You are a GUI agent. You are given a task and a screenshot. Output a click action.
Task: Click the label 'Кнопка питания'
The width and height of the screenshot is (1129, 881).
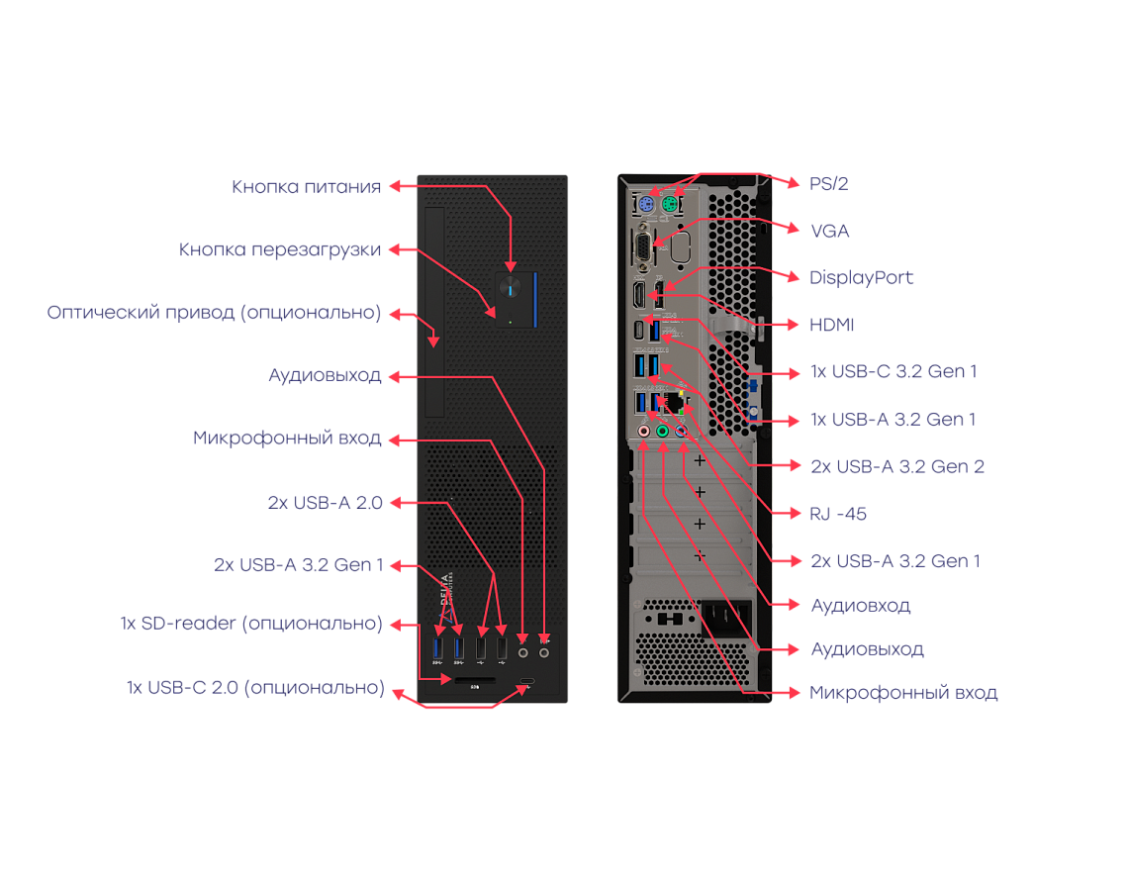coord(306,187)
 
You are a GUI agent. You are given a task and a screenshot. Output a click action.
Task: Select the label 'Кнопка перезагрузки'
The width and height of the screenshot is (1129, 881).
coord(280,250)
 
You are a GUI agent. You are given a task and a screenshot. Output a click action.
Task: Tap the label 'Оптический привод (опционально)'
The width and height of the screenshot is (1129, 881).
coord(214,313)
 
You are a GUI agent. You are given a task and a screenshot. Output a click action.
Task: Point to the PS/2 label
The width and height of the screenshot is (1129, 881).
coord(829,184)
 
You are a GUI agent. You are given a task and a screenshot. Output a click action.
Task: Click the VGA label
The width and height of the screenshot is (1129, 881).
coord(829,231)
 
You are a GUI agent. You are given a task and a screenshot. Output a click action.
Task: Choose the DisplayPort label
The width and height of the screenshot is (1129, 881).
coord(861,278)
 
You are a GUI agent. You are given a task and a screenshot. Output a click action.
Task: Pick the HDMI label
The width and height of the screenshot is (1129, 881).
coord(831,325)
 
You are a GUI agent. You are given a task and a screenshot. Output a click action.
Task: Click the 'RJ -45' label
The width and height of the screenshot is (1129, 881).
coord(838,514)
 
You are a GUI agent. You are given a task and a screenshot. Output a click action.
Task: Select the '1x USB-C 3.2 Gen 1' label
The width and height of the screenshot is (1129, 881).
coord(894,372)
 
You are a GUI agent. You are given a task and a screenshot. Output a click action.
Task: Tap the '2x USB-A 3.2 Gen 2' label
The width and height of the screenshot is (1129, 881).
coord(896,466)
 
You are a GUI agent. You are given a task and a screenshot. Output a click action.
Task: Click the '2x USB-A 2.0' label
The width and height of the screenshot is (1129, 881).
coord(325,503)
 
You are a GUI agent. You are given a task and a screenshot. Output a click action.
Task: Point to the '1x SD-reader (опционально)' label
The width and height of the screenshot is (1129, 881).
coord(251,624)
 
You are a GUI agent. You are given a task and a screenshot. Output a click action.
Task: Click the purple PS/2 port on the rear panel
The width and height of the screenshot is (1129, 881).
coord(644,206)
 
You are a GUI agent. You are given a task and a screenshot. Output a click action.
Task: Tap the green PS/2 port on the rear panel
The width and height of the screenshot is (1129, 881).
coord(669,206)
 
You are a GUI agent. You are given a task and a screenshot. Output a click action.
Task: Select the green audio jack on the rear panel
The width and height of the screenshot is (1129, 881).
coord(662,432)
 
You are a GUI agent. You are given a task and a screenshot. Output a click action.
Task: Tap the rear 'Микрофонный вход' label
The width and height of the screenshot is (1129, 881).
coord(903,693)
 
